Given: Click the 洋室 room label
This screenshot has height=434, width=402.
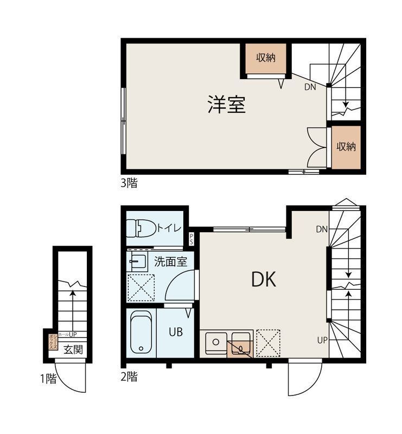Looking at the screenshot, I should point(227,104).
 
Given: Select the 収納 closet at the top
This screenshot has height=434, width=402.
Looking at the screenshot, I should point(266,58).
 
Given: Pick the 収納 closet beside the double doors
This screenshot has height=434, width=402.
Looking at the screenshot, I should point(346,146).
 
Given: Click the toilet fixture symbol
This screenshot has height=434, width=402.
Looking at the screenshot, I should point(140,228).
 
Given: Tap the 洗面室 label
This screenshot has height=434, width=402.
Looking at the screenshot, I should point(170,261).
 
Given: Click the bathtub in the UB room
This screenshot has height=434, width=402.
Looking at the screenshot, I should point(141,333).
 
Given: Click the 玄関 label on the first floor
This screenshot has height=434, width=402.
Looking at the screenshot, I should point(73,349).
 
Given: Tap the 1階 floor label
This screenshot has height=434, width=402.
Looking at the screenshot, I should point(48,379).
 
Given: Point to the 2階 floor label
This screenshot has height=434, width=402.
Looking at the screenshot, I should point(129,376).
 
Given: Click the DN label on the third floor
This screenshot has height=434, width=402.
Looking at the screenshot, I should point(310,87).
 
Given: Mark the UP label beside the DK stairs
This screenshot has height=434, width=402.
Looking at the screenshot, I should point(322,340).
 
